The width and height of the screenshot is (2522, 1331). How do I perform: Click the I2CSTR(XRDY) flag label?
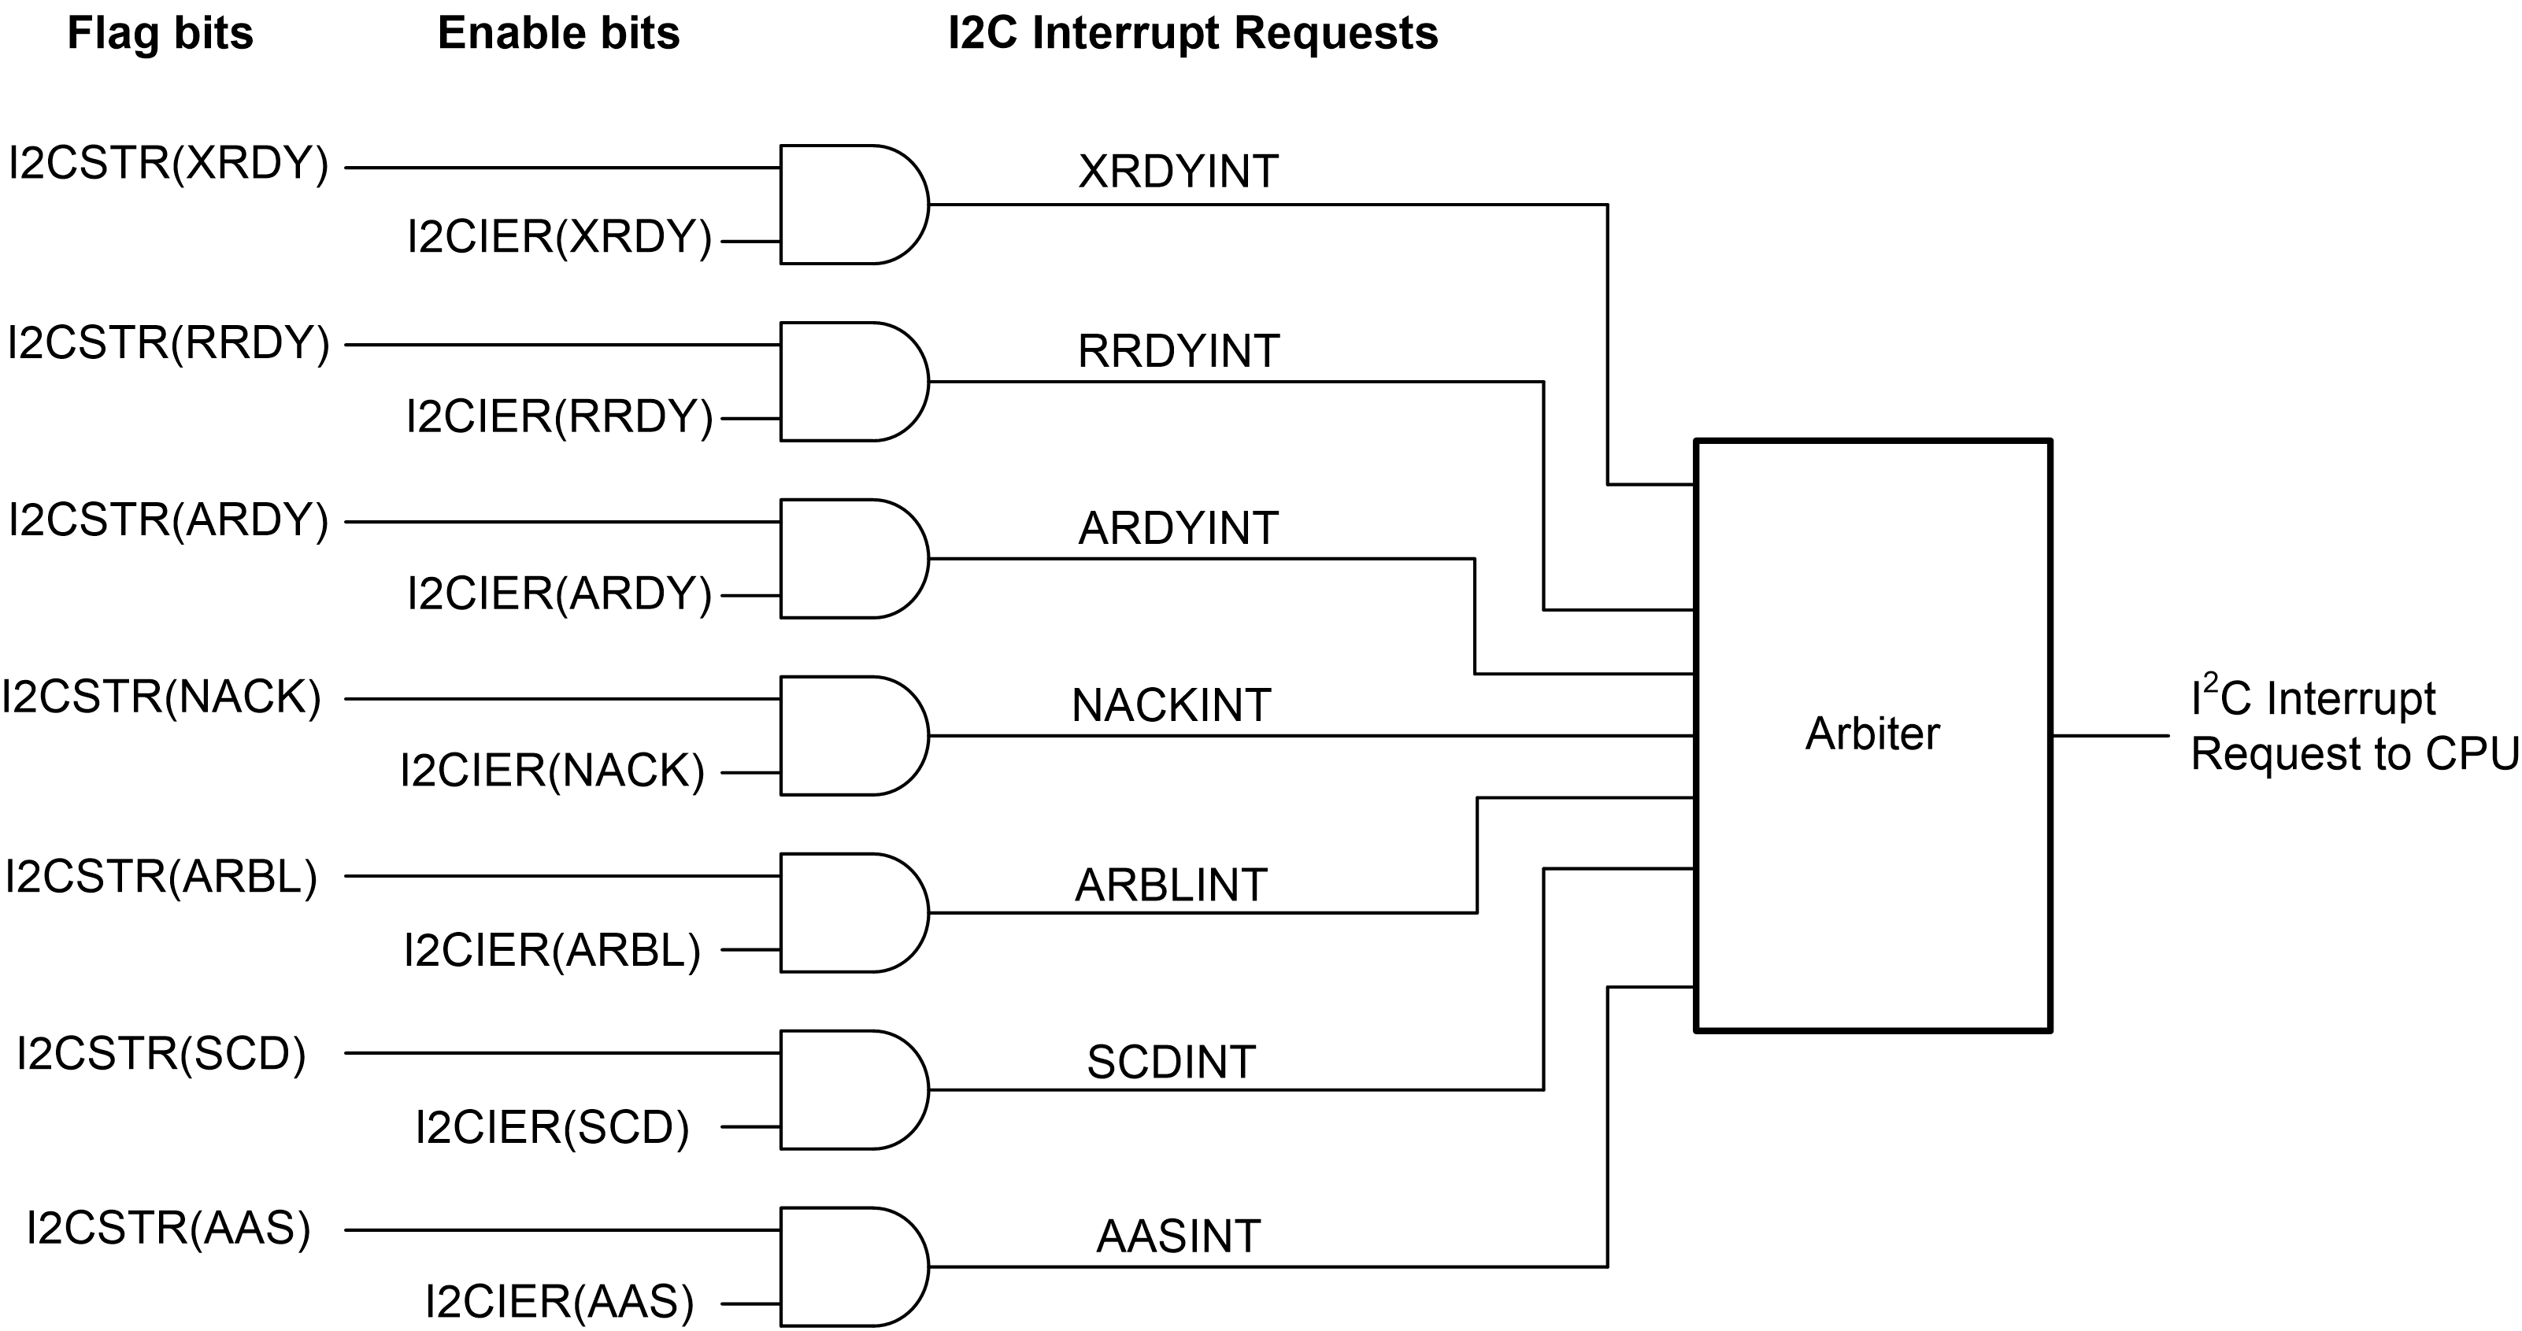[169, 165]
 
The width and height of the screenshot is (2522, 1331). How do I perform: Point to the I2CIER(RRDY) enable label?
[559, 418]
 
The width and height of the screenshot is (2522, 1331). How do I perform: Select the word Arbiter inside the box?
[1872, 735]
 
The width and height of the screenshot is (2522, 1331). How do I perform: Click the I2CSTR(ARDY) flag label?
[169, 520]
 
